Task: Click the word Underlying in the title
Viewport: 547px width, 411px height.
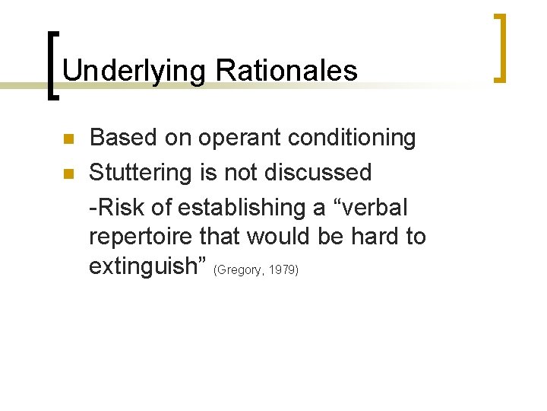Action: pos(134,71)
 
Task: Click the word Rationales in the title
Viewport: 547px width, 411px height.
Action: pos(286,71)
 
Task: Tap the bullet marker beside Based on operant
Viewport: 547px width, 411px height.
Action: pos(67,140)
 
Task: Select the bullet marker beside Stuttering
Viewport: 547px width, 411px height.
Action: pos(67,174)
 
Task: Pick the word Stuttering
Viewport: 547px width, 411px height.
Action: pos(150,173)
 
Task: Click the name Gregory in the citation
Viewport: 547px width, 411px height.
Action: pos(242,270)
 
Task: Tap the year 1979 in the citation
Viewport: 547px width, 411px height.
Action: pos(283,270)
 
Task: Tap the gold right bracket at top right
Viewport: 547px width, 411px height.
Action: pos(500,47)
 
